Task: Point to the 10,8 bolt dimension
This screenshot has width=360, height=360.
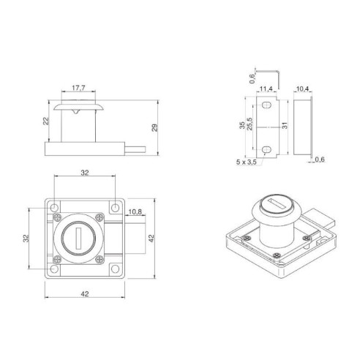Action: coord(135,214)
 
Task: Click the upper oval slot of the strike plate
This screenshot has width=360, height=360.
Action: coord(269,108)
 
